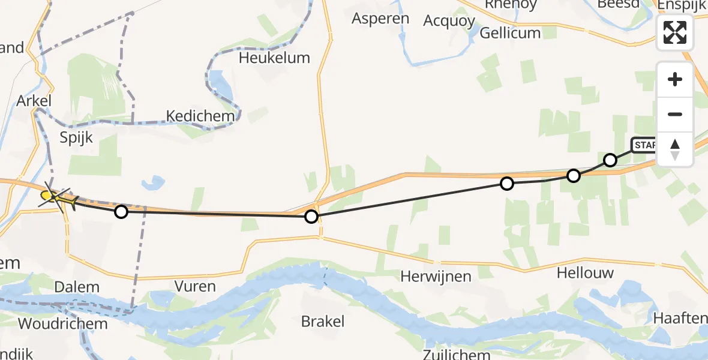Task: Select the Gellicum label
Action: (x=510, y=32)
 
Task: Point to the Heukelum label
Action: (x=274, y=58)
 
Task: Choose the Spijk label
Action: (x=76, y=137)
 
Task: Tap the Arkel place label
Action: (x=34, y=101)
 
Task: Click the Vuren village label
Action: (x=196, y=286)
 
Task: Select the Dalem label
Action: (x=76, y=287)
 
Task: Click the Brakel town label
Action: (x=323, y=321)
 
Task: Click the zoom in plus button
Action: (x=675, y=79)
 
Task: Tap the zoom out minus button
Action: (x=675, y=114)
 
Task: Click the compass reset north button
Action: (x=675, y=149)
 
